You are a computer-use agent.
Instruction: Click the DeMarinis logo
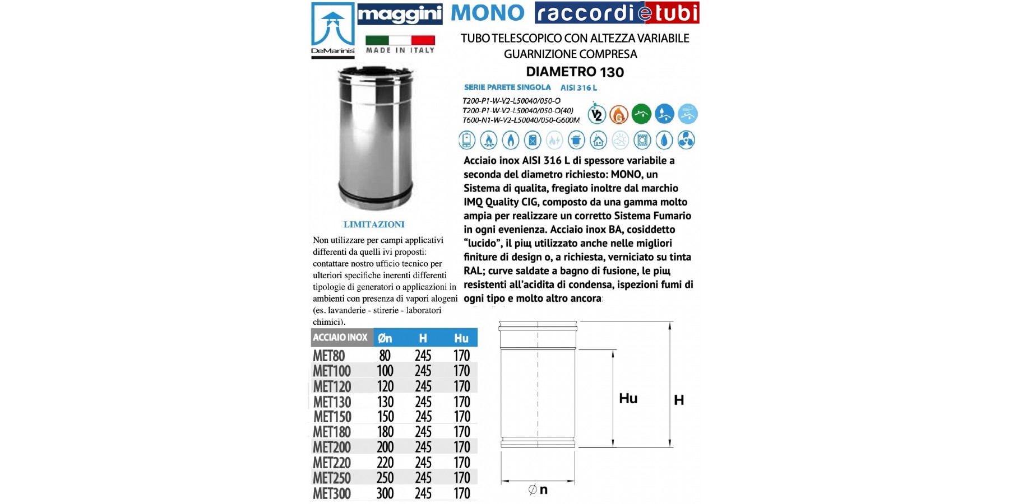point(333,29)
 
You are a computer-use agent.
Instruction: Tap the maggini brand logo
point(400,15)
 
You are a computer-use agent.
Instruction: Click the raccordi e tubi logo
point(617,13)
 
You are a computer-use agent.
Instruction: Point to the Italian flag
point(400,40)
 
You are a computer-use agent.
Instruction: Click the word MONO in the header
point(488,13)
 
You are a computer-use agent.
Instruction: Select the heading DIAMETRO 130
point(575,72)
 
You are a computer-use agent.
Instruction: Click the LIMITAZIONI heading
point(374,225)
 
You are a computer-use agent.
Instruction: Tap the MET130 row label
point(332,402)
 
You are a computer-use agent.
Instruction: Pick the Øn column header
point(385,338)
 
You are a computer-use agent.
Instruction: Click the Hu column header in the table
point(461,338)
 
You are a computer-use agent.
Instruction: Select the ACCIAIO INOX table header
point(340,338)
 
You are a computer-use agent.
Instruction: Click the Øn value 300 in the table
point(385,493)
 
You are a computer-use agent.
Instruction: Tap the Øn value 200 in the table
point(385,447)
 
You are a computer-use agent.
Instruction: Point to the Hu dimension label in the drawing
point(628,398)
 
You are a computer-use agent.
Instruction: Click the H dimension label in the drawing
point(679,400)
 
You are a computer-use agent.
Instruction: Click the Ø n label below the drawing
point(538,489)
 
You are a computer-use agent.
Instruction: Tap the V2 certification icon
point(597,114)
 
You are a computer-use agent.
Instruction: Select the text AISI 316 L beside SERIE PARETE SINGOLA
point(578,88)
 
